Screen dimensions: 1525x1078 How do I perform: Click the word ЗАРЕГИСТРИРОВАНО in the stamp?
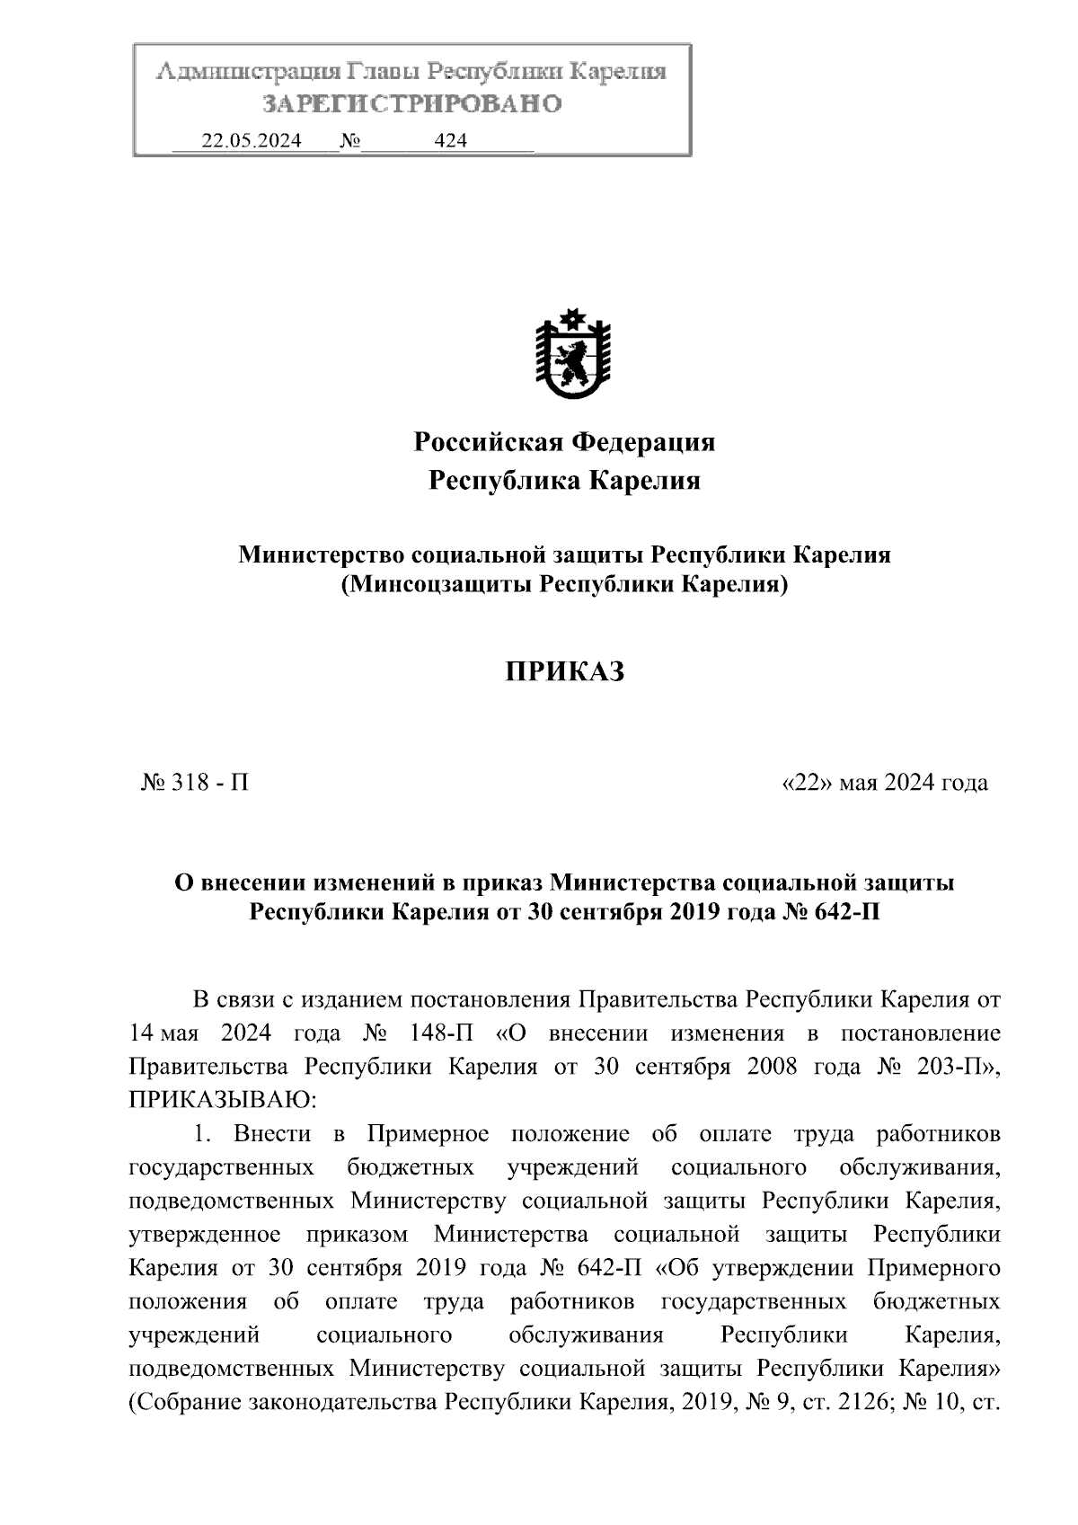coord(411,104)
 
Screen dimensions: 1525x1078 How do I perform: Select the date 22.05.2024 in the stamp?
coord(251,140)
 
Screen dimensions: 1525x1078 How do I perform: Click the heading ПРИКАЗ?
coord(564,671)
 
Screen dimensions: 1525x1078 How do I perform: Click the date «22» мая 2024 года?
coord(885,783)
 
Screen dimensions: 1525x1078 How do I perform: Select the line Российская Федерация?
coord(564,442)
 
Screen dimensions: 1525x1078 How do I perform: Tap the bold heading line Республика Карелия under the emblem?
coord(564,481)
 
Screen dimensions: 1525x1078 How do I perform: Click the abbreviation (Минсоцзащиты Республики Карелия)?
coord(564,585)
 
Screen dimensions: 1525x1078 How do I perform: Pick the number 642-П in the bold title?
coord(844,912)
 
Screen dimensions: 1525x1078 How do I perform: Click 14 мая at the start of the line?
coord(163,1033)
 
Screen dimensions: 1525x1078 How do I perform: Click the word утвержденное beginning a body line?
coord(205,1235)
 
